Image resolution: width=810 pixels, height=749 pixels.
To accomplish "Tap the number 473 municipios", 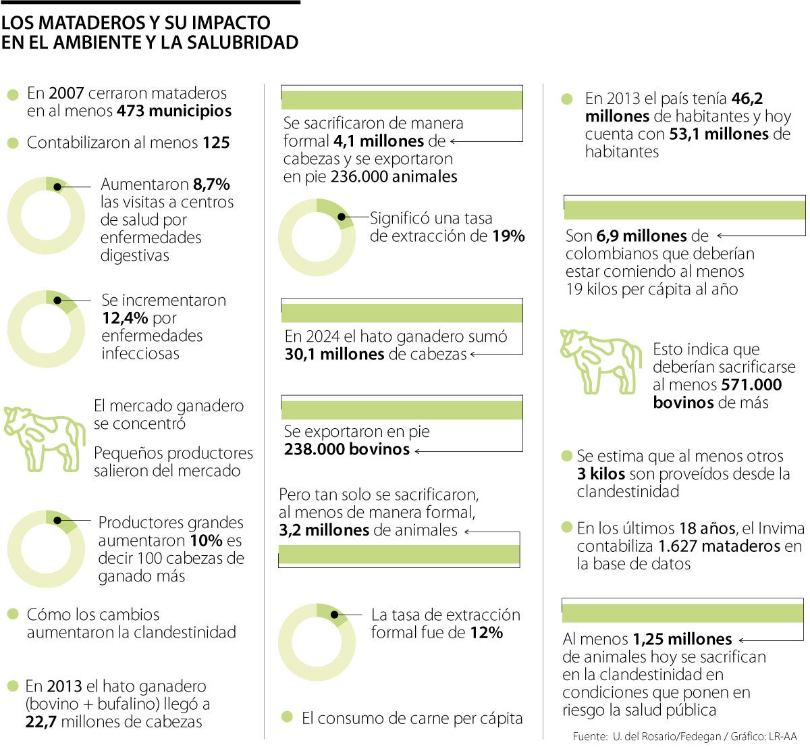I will (x=174, y=111).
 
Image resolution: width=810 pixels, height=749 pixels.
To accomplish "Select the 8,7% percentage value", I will (x=211, y=184).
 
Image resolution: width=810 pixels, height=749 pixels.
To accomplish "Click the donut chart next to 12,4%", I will (x=47, y=329).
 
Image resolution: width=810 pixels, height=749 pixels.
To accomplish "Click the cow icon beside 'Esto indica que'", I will (x=600, y=361).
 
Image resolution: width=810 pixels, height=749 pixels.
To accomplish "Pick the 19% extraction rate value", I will (x=508, y=236).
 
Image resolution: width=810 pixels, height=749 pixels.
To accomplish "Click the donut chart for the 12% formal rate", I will (x=317, y=642).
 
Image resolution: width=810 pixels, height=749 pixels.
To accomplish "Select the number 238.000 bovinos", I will (x=347, y=450).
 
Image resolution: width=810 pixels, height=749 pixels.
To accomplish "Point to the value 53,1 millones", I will (x=719, y=134).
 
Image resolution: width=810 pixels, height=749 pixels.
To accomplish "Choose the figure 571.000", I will (x=751, y=385).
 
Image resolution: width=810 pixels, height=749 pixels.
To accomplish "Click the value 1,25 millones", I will (x=682, y=640).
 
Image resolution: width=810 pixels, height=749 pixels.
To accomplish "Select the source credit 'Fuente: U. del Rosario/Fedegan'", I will (x=647, y=736).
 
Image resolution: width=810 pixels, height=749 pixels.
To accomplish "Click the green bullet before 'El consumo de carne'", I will (x=288, y=717).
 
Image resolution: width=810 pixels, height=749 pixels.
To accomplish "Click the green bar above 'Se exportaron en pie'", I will (x=402, y=410).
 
